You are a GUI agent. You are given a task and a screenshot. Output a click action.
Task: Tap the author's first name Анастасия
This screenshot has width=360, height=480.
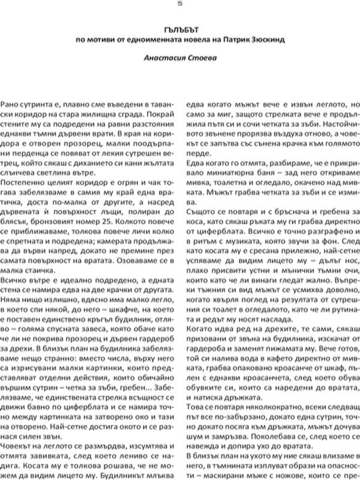(166, 59)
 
